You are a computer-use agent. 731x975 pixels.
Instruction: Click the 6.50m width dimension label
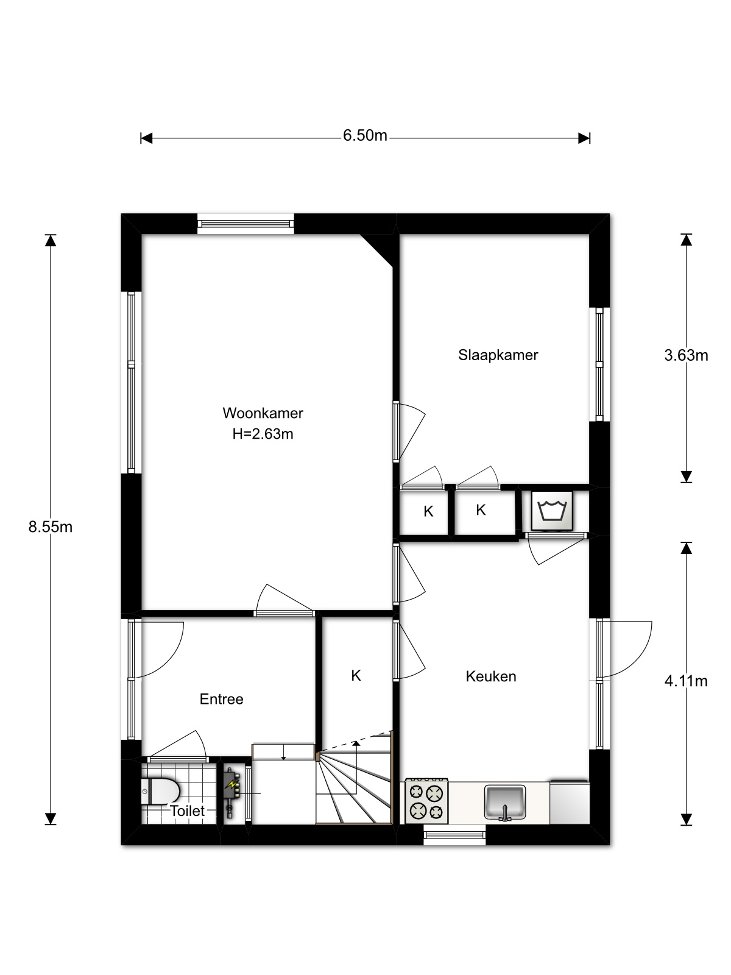pyautogui.click(x=365, y=135)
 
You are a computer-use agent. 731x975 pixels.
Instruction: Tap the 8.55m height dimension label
pyautogui.click(x=50, y=527)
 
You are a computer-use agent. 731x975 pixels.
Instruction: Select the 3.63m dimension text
pyautogui.click(x=686, y=355)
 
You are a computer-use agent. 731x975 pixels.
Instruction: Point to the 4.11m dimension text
pyautogui.click(x=686, y=681)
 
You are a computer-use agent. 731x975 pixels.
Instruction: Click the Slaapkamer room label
pyautogui.click(x=498, y=355)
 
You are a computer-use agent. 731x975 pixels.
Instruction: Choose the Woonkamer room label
pyautogui.click(x=263, y=413)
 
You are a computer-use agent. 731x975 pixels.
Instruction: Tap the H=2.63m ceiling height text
pyautogui.click(x=263, y=434)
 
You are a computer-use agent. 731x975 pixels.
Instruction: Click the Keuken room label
pyautogui.click(x=491, y=676)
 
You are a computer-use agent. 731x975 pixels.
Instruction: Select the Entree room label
pyautogui.click(x=222, y=699)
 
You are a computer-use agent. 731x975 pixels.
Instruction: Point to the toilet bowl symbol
pyautogui.click(x=160, y=792)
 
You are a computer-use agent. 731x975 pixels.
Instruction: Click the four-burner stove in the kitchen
pyautogui.click(x=426, y=801)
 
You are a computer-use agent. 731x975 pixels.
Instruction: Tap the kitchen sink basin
pyautogui.click(x=504, y=802)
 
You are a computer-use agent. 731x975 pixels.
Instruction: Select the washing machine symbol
pyautogui.click(x=552, y=511)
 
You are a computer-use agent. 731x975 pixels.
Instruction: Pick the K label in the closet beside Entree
pyautogui.click(x=356, y=676)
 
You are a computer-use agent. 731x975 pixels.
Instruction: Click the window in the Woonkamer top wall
pyautogui.click(x=245, y=224)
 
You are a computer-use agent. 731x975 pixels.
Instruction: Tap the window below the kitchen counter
pyautogui.click(x=454, y=835)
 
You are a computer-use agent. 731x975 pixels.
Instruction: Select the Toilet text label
pyautogui.click(x=187, y=811)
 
